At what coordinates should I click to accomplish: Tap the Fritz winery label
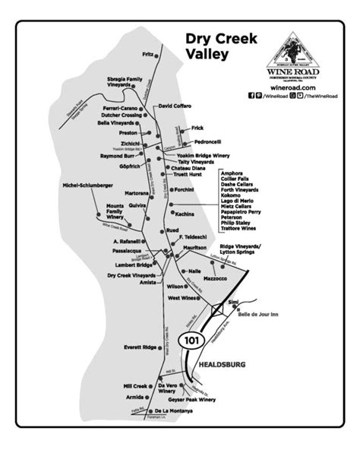(147, 54)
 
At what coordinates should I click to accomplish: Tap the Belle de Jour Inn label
(258, 313)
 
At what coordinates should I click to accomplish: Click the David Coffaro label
(175, 106)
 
